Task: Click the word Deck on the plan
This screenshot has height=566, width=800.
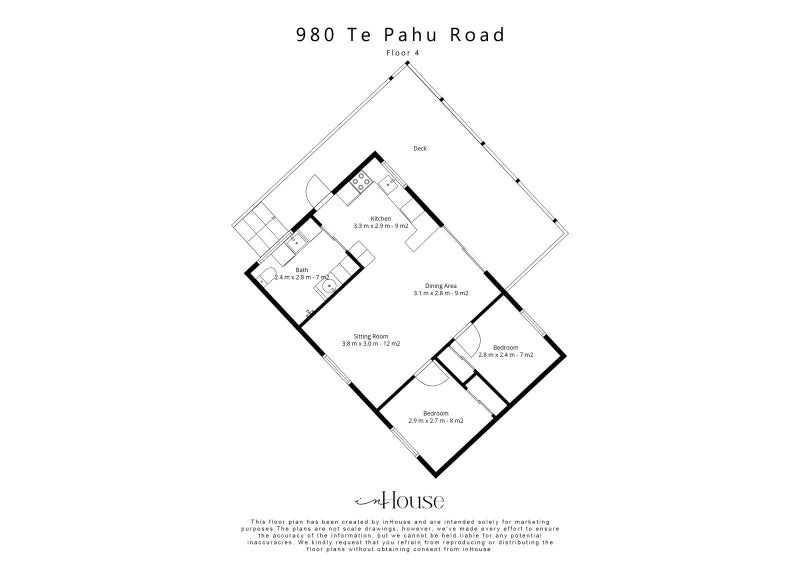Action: click(420, 149)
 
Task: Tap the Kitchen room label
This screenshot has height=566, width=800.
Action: click(381, 219)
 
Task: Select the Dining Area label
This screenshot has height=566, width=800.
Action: click(441, 286)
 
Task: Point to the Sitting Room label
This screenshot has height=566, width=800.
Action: click(371, 336)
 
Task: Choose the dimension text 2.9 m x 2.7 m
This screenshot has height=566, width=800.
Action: click(435, 421)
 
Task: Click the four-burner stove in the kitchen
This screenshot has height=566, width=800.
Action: click(361, 182)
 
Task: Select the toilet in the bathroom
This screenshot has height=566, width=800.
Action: click(265, 278)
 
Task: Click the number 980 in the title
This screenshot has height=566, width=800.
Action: click(314, 35)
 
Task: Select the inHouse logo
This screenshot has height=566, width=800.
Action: click(400, 501)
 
